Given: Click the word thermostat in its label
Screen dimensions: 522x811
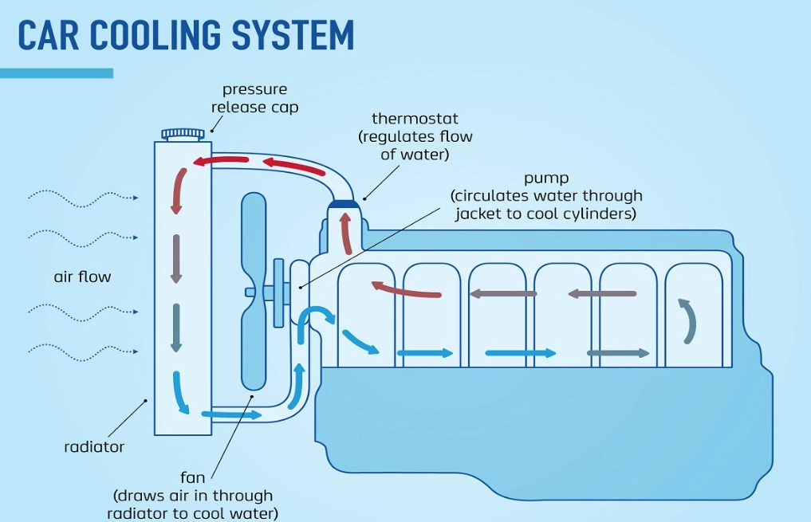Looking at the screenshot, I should [x=415, y=119].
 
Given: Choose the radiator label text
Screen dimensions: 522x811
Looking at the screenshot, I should [x=94, y=447].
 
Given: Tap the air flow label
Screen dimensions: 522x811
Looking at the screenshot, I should [x=82, y=277].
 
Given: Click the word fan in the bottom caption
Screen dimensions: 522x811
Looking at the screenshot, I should [x=193, y=477].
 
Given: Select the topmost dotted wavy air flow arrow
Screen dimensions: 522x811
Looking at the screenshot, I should [x=83, y=197].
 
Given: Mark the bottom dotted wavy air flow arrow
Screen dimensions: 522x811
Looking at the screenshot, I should [x=83, y=349].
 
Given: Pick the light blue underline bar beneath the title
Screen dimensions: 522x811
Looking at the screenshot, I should [x=57, y=73].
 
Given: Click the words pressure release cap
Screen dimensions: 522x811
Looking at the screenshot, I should [x=255, y=98].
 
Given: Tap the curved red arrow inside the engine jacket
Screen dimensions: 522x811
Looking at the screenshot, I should [x=406, y=289].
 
